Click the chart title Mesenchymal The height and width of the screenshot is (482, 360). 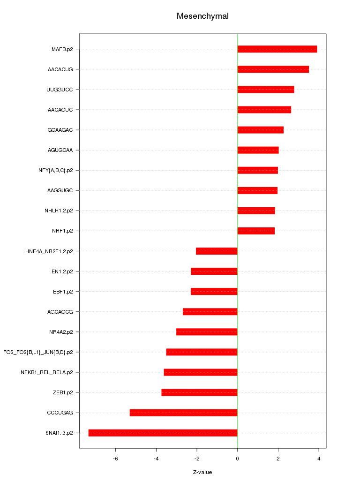202,16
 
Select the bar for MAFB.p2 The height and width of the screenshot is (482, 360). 277,49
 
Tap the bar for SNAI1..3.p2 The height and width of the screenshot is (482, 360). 163,433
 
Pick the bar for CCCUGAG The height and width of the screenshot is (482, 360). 183,413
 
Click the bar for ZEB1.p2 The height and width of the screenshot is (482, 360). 199,392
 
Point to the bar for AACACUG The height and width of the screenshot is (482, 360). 273,69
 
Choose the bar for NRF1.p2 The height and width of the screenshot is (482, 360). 256,231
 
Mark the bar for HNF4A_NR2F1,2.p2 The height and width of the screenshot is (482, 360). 217,251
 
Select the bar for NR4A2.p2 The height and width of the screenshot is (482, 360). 207,332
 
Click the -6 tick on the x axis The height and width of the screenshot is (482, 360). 116,458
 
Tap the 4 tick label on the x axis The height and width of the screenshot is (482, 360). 319,458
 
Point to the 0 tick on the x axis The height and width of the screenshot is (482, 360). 237,458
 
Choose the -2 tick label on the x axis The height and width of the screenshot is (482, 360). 197,458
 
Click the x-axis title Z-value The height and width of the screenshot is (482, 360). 202,472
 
